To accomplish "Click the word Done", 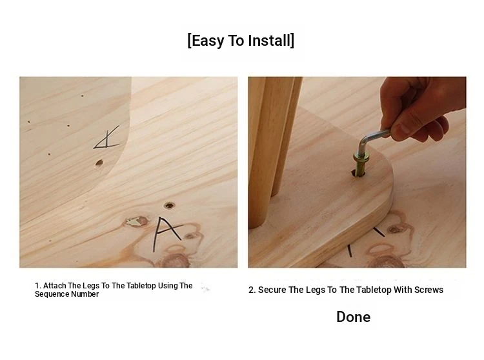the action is (x=354, y=317).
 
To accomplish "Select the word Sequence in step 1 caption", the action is (x=51, y=294).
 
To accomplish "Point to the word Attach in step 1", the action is (x=55, y=286).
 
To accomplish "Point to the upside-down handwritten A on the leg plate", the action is (x=106, y=138).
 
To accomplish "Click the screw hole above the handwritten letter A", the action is (x=169, y=205).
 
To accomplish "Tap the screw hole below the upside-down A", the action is (x=99, y=163).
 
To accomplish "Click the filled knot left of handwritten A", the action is (x=136, y=221).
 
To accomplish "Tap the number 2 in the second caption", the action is (x=251, y=290).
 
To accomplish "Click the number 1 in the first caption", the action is (x=37, y=286).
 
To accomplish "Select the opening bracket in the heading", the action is (x=189, y=41).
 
